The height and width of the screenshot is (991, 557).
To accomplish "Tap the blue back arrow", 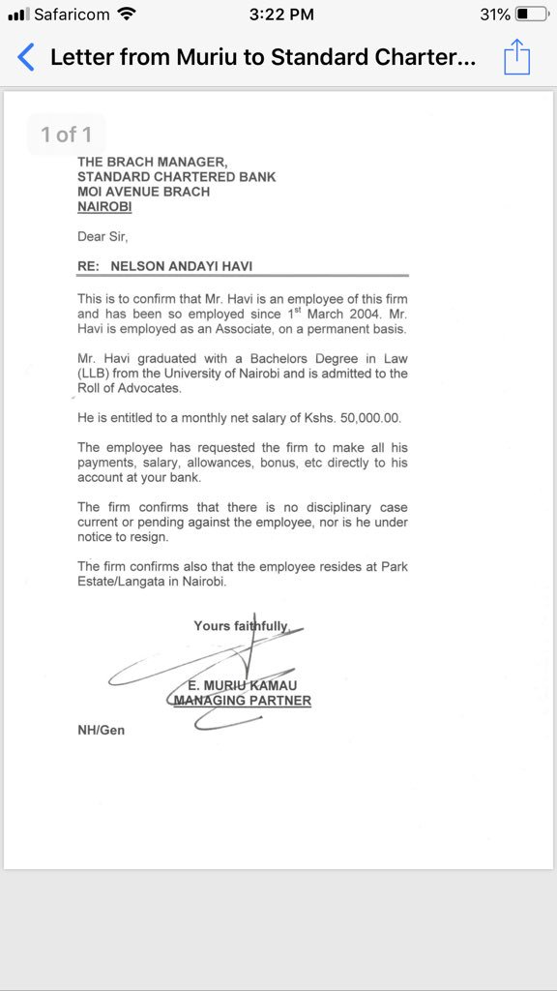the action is pos(26,57).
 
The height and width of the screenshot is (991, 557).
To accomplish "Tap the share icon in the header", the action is pos(517,56).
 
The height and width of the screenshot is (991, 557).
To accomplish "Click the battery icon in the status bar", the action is pos(531,15).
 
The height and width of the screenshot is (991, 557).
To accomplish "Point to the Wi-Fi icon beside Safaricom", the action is pos(126,15).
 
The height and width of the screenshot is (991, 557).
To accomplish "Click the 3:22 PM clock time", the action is pos(280,15).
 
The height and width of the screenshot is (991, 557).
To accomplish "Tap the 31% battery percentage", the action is pos(494,15).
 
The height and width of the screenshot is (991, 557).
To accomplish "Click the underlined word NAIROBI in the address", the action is pos(104,206).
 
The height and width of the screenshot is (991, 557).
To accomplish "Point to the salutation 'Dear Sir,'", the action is pos(103,236).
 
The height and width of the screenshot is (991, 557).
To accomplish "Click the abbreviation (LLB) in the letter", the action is pos(95,374).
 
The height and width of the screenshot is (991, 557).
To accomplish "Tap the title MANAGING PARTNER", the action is pos(242,700).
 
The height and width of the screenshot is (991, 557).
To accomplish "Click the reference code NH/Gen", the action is pos(101,730).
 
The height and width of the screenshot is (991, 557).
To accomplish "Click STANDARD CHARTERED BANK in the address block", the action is pos(176,177).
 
